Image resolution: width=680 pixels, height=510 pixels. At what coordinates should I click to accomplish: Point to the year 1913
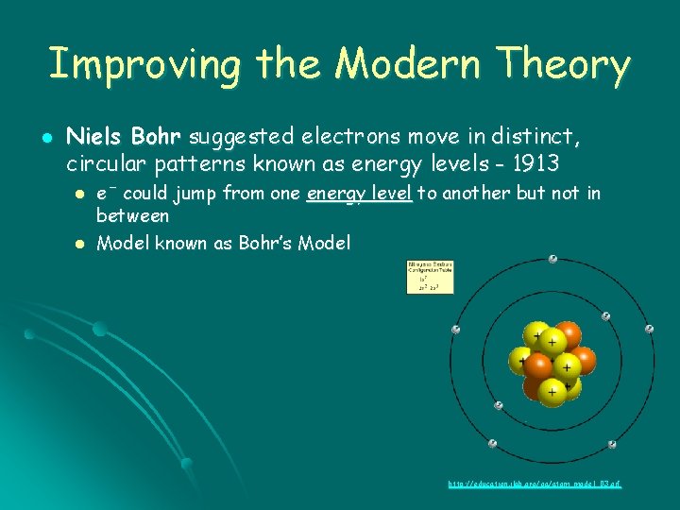[537, 163]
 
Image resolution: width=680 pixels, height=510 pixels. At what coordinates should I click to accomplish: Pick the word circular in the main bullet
[102, 163]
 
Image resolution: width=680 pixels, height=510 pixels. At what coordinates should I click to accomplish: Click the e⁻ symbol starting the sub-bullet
[106, 195]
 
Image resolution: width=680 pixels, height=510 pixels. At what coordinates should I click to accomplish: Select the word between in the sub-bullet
[133, 215]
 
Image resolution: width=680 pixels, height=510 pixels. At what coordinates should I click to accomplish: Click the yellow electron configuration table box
[430, 277]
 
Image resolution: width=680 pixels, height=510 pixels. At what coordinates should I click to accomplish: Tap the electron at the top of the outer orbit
[552, 259]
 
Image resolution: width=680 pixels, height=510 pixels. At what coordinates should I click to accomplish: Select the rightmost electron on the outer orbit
[649, 329]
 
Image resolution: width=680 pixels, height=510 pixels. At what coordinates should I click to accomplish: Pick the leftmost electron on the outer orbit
[455, 330]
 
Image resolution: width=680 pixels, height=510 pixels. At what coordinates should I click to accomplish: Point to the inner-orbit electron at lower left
[498, 405]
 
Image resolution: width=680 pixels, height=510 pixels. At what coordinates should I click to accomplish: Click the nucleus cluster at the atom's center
[552, 361]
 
